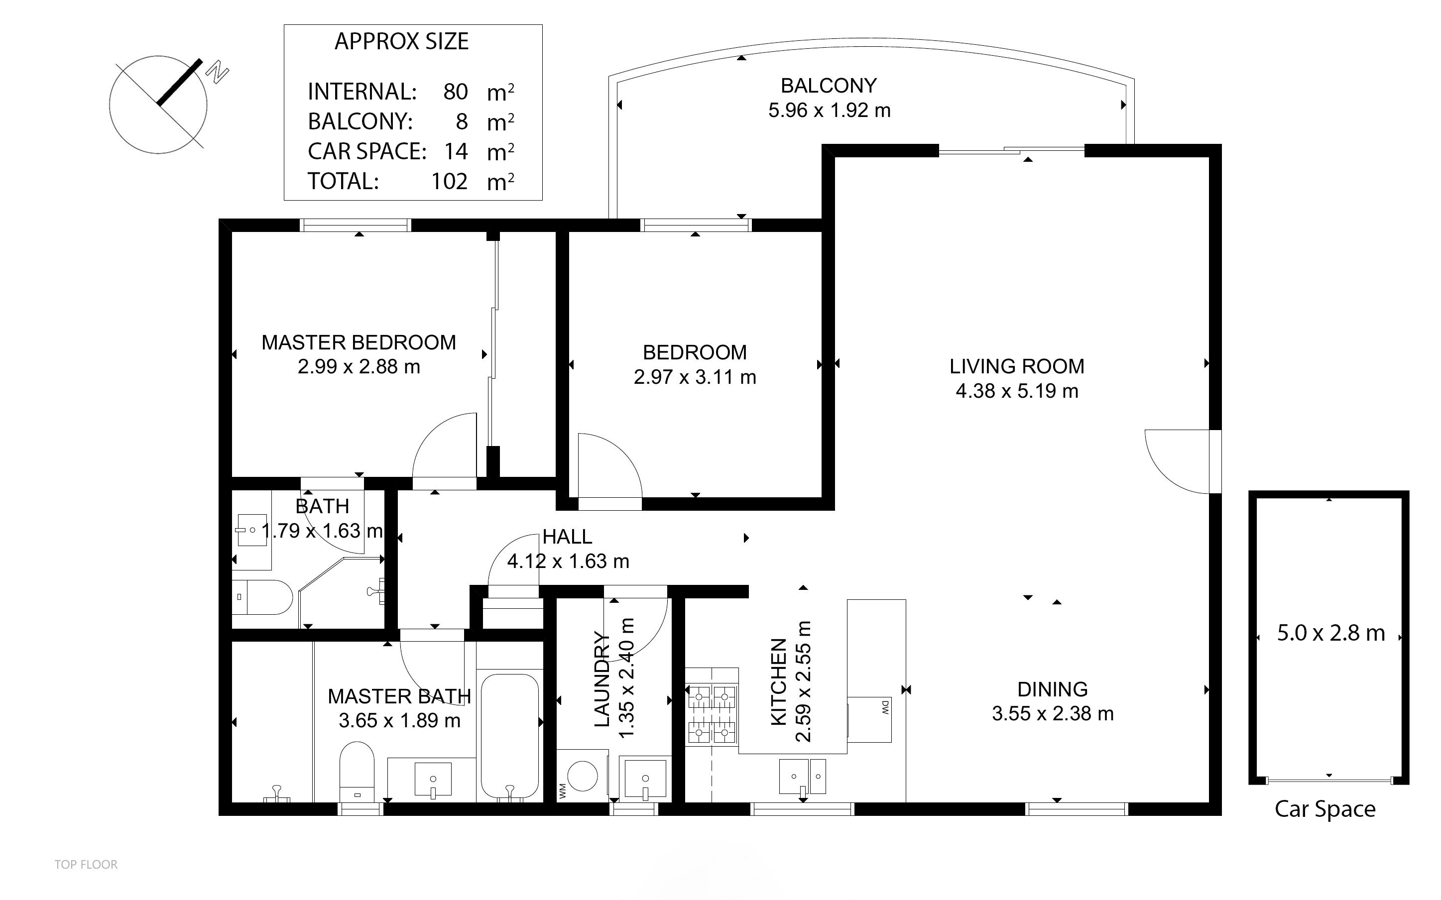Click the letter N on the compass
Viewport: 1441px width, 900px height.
click(x=218, y=73)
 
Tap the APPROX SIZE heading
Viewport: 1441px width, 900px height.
click(x=402, y=42)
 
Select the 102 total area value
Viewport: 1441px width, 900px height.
click(x=450, y=181)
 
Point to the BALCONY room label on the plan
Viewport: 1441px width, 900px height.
click(x=829, y=86)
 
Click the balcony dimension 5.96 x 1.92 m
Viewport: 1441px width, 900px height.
click(x=829, y=111)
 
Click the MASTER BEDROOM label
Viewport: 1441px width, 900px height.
click(x=359, y=342)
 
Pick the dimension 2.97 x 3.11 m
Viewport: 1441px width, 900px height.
click(x=695, y=377)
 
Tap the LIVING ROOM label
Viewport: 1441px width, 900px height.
click(x=1017, y=366)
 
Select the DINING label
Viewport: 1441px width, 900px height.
click(x=1052, y=689)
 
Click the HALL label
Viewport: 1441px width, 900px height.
click(x=567, y=537)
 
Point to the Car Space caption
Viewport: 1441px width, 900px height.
click(x=1325, y=809)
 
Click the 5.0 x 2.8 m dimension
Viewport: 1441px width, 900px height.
click(x=1331, y=633)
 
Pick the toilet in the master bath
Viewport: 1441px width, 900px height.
click(x=357, y=771)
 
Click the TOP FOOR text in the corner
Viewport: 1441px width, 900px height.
click(x=86, y=864)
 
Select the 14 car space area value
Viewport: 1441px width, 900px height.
click(x=456, y=151)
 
